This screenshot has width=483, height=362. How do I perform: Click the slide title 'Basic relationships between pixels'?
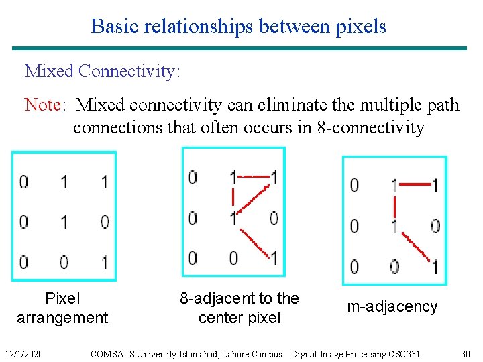[x=238, y=26]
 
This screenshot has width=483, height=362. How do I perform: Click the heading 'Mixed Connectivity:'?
[x=103, y=70]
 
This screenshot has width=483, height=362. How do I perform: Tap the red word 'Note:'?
[x=45, y=105]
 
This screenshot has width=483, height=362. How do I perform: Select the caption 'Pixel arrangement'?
[x=62, y=308]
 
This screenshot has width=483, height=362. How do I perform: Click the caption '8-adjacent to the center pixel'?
[x=239, y=308]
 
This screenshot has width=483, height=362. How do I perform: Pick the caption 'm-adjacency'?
[x=392, y=307]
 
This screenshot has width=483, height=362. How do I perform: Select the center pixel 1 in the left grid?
[x=64, y=221]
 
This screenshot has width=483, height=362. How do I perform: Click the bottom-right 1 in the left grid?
[x=104, y=262]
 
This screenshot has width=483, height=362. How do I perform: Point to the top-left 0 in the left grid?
[x=24, y=182]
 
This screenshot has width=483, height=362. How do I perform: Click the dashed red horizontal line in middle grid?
[x=253, y=176]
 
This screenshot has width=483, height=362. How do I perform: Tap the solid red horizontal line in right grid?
[x=415, y=182]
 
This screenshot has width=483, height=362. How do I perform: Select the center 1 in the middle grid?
[x=233, y=218]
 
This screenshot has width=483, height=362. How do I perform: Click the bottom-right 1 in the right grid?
[x=435, y=267]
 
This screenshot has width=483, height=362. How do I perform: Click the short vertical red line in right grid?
[x=394, y=204]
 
